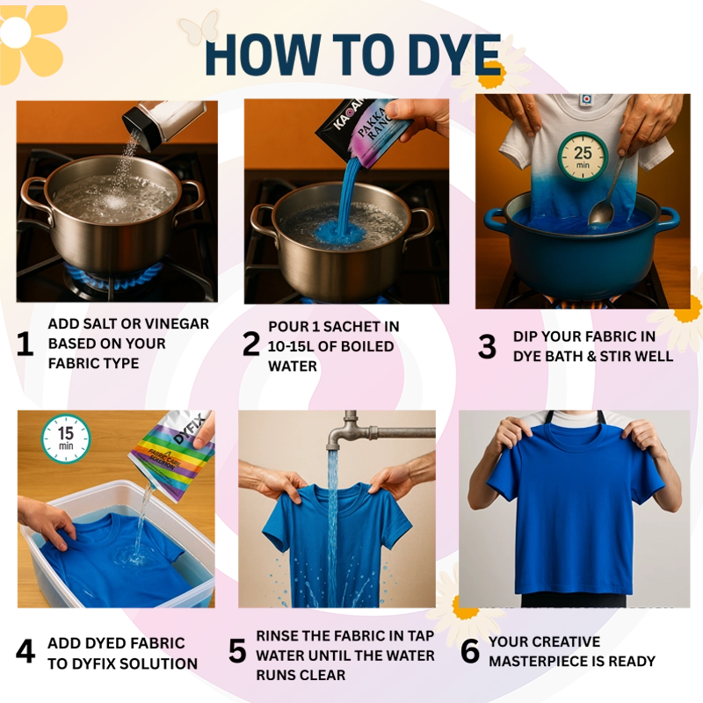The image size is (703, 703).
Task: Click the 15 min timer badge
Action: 65,437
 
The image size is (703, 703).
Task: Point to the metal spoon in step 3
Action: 606,189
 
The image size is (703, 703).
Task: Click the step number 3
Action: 487,347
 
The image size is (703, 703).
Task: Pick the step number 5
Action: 237,651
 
